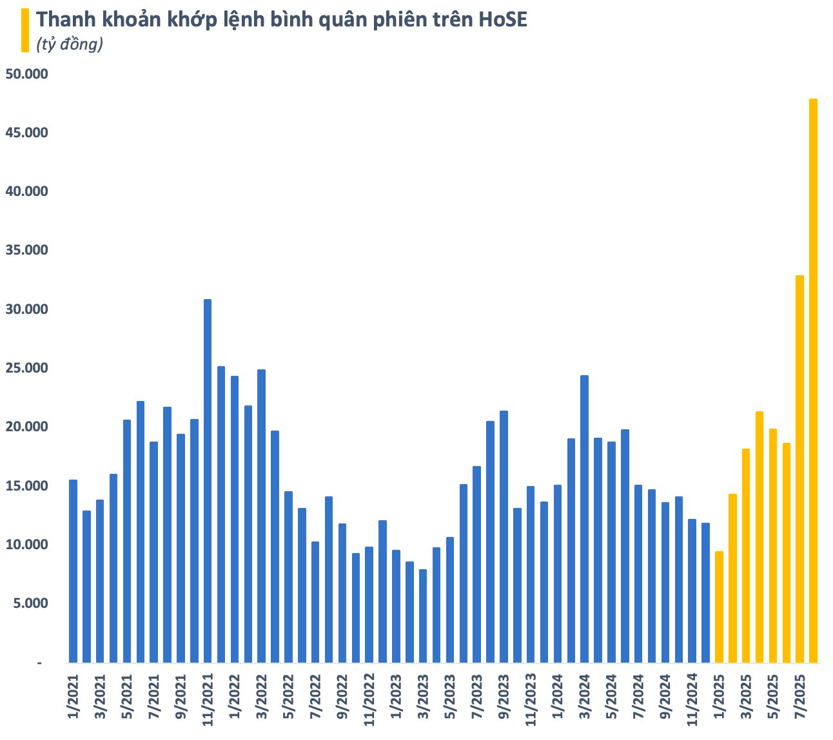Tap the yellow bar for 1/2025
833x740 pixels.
point(719,607)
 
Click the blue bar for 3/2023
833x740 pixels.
point(423,616)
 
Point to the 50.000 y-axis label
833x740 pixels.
point(26,74)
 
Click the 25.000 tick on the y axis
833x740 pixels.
point(26,368)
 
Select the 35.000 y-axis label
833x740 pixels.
point(26,250)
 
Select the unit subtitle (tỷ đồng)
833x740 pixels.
point(70,44)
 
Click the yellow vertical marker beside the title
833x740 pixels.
point(25,30)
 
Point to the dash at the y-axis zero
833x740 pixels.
point(39,663)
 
